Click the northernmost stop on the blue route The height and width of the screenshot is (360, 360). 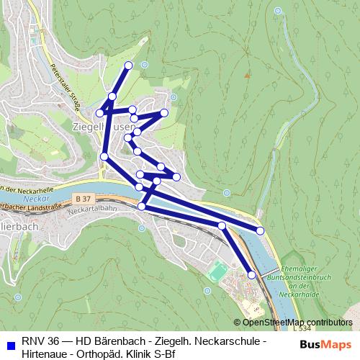(x=129, y=66)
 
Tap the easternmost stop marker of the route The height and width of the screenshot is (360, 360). (x=260, y=230)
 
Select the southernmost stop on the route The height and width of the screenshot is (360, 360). (x=251, y=274)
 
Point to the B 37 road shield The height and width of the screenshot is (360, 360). (x=83, y=197)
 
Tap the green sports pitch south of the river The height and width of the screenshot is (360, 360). (x=217, y=271)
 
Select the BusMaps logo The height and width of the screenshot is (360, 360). (x=325, y=344)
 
